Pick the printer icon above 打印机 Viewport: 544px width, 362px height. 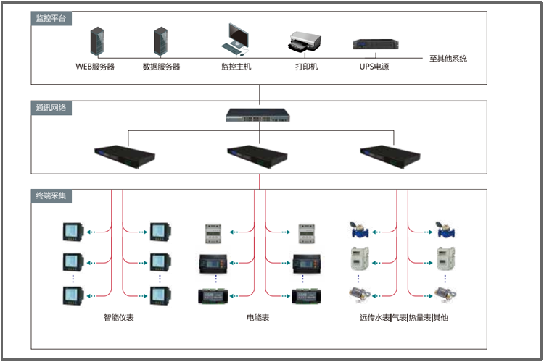(x=305, y=42)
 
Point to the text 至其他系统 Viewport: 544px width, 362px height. (x=448, y=59)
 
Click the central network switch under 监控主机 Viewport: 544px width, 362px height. (x=259, y=114)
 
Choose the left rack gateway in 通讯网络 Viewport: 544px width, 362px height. (x=125, y=153)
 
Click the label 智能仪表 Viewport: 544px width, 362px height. (x=118, y=317)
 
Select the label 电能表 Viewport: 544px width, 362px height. (x=258, y=317)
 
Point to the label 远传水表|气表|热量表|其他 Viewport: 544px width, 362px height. (x=403, y=317)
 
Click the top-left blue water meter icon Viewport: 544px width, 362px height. (x=358, y=230)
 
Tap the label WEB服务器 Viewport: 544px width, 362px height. (x=95, y=67)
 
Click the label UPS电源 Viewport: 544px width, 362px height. (x=374, y=67)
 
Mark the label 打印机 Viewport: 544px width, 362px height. (x=306, y=67)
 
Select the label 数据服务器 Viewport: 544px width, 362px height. (x=161, y=67)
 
